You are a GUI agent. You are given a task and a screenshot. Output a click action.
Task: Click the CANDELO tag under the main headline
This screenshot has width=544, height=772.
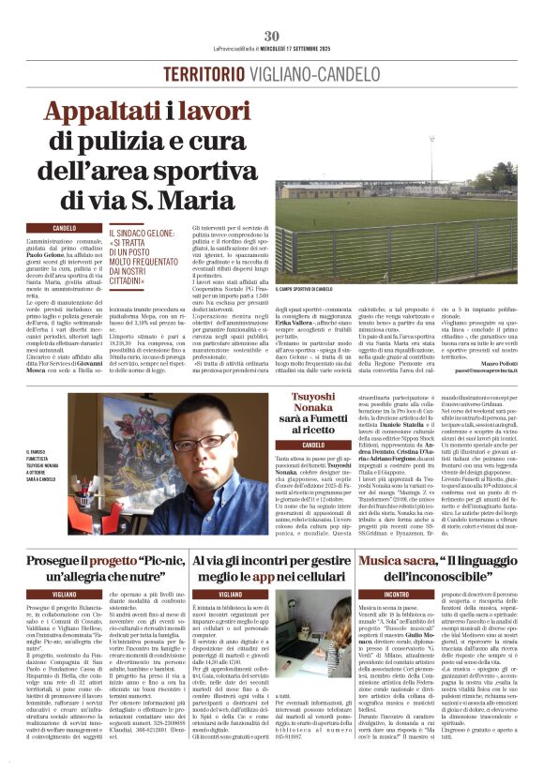click(65, 228)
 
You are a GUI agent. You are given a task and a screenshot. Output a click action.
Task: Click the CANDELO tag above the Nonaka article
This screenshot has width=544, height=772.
click(313, 444)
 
